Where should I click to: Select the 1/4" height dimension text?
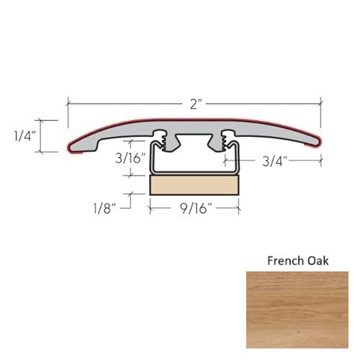[21, 135]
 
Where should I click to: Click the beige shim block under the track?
[194, 186]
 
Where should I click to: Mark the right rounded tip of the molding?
[318, 145]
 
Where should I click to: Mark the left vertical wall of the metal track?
[150, 160]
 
